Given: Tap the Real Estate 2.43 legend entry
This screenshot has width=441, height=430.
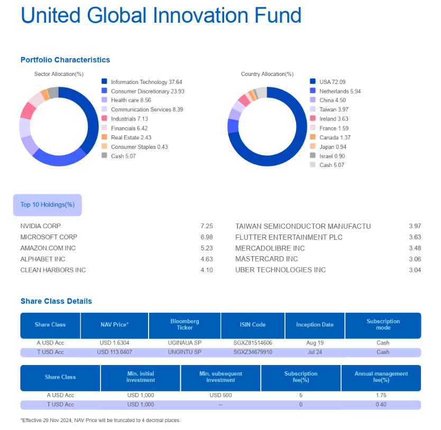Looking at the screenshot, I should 131,137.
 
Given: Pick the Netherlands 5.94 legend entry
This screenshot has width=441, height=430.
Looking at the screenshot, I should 340,91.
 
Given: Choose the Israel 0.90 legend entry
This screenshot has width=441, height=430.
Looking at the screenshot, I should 332,156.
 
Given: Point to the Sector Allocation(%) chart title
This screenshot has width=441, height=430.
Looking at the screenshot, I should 59,74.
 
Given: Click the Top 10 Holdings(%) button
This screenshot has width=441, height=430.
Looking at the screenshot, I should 48,205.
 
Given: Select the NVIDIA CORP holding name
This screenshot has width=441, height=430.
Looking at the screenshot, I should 41,226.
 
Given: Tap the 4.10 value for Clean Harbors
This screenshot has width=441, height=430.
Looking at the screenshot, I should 207,270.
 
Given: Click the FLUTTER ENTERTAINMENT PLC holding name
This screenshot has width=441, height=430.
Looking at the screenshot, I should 289,237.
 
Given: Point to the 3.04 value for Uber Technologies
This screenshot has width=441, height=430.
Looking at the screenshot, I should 415,270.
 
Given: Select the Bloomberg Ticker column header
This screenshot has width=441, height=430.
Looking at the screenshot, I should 185,324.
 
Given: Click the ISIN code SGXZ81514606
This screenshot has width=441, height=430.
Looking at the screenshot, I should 253,343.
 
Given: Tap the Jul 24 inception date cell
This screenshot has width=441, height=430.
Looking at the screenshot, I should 315,352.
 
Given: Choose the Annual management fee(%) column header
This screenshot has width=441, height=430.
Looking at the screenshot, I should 381,377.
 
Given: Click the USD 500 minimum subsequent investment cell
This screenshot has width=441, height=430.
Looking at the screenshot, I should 221,395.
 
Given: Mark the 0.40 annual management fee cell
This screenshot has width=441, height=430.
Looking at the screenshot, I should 381,405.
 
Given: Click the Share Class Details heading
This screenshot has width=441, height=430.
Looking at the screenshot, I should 56,301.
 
